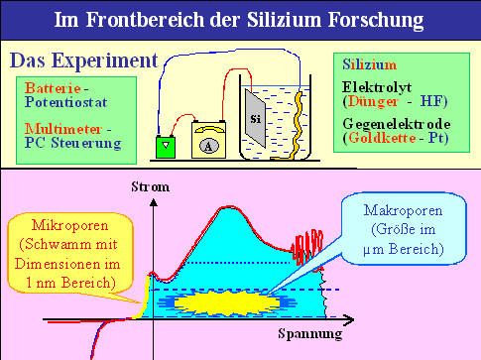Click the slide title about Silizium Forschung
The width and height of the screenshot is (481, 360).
click(240, 20)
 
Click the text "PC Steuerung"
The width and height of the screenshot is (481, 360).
click(65, 142)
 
